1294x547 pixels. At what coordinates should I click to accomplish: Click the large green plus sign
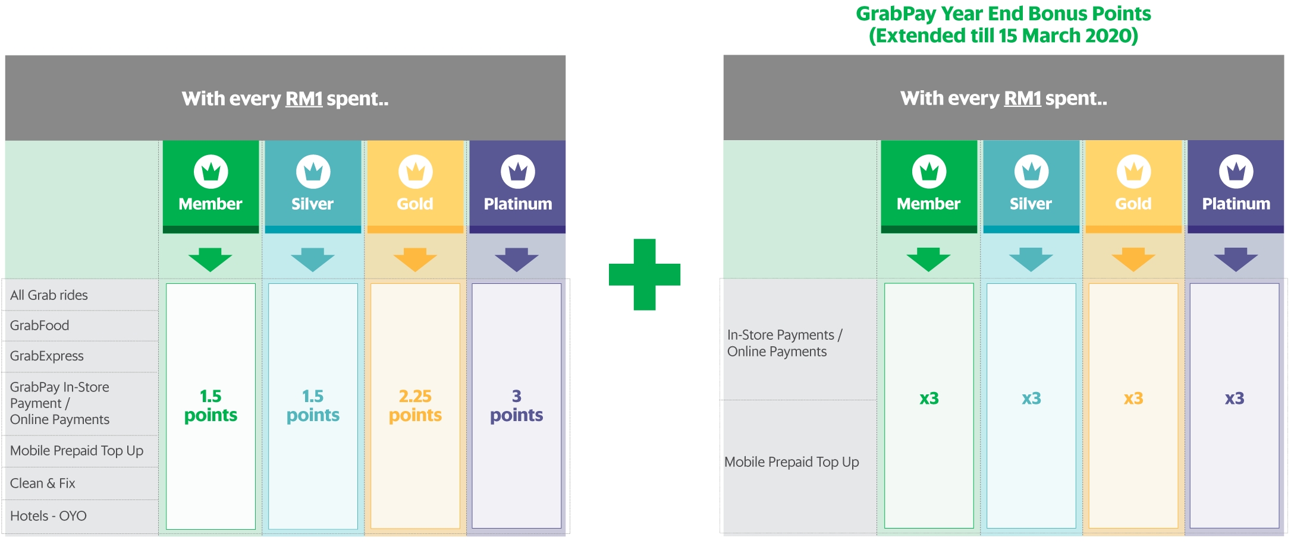pyautogui.click(x=644, y=274)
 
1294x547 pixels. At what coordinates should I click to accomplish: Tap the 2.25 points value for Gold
pyautogui.click(x=415, y=406)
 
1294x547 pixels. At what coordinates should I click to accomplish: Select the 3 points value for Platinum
pyautogui.click(x=516, y=406)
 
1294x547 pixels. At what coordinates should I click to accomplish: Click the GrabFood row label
pyautogui.click(x=39, y=325)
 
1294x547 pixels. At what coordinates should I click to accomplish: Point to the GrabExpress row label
pyautogui.click(x=47, y=356)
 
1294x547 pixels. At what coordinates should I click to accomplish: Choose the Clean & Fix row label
pyautogui.click(x=43, y=483)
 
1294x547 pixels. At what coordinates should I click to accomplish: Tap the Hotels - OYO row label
pyautogui.click(x=48, y=516)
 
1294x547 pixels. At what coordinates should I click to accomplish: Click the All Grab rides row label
pyautogui.click(x=49, y=295)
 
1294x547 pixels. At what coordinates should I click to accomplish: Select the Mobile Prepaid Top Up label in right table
pyautogui.click(x=792, y=462)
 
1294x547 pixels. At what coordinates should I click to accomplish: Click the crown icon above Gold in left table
pyautogui.click(x=415, y=172)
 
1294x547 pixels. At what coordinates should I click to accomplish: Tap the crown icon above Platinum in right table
pyautogui.click(x=1236, y=172)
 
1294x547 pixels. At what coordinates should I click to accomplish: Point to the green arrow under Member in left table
pyautogui.click(x=211, y=260)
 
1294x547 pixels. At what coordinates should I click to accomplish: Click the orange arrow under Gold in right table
pyautogui.click(x=1133, y=260)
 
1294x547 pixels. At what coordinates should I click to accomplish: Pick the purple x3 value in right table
pyautogui.click(x=1235, y=398)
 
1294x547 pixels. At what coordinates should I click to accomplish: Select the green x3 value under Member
pyautogui.click(x=929, y=398)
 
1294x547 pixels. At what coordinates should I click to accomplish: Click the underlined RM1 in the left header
pyautogui.click(x=304, y=99)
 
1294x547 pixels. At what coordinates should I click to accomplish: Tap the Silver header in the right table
pyautogui.click(x=1031, y=204)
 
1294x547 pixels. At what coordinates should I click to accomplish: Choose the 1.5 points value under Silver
pyautogui.click(x=313, y=406)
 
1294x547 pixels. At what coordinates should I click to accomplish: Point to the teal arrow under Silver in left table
pyautogui.click(x=313, y=260)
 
